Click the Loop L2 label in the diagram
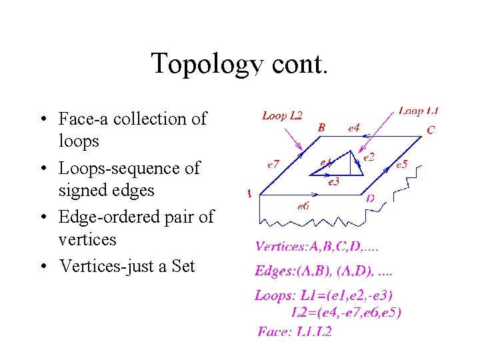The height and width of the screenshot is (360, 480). click(282, 115)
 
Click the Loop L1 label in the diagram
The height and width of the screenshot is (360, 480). click(419, 111)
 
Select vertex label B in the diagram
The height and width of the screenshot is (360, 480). click(321, 127)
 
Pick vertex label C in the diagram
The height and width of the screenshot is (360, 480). click(430, 130)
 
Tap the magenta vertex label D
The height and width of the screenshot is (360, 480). click(370, 197)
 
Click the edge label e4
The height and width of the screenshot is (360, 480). click(354, 127)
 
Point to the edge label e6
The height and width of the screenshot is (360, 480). click(303, 206)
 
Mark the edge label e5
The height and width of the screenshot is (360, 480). click(401, 164)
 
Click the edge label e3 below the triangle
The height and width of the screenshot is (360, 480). click(334, 181)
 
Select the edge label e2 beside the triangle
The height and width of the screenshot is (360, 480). click(369, 157)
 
